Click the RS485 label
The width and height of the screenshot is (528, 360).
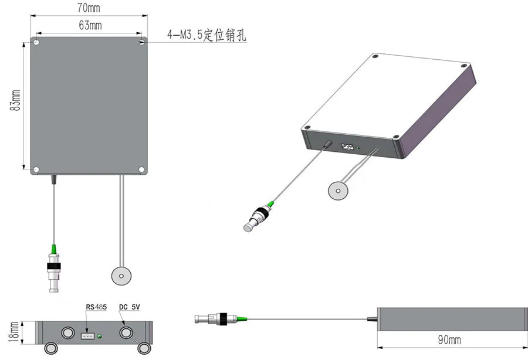[x=95, y=307]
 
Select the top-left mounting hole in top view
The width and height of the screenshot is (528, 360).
[x=36, y=43]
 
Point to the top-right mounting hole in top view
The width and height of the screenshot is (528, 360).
[x=142, y=43]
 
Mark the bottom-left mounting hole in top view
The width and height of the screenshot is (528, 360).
[x=36, y=170]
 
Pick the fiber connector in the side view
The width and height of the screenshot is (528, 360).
[x=214, y=320]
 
